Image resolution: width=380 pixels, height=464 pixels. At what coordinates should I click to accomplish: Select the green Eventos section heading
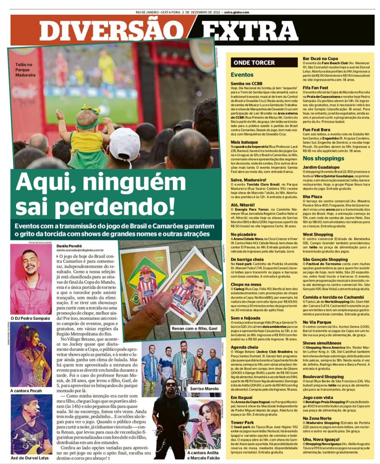tap(242, 75)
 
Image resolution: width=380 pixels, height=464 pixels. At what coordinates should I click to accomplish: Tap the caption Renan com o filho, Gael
tap(193, 328)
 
